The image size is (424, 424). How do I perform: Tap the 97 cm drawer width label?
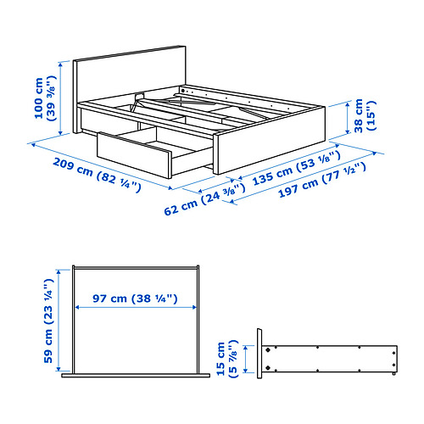[136, 298]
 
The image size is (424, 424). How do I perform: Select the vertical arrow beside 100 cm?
[63, 99]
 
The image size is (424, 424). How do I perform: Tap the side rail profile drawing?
[331, 357]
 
